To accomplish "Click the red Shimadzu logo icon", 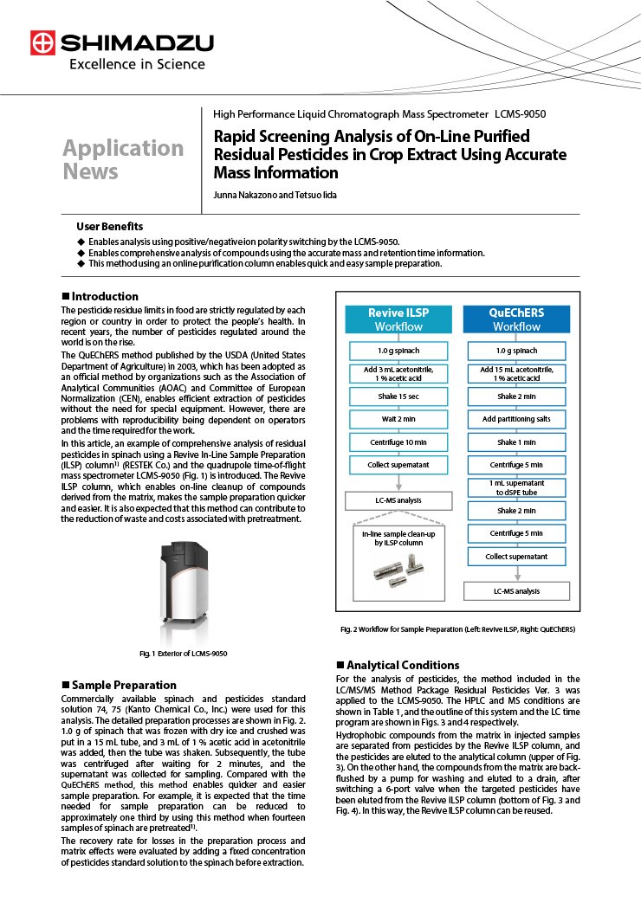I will [42, 43].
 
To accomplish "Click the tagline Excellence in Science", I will [137, 64].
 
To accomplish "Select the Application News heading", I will [123, 159].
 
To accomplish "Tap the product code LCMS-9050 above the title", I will [520, 113].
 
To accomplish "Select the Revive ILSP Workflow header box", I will [398, 319].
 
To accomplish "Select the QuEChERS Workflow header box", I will [516, 319].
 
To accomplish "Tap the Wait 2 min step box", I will [398, 419].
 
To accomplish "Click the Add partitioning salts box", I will [516, 419].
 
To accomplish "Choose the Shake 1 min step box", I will [516, 442].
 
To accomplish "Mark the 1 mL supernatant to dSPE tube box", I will [516, 487].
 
